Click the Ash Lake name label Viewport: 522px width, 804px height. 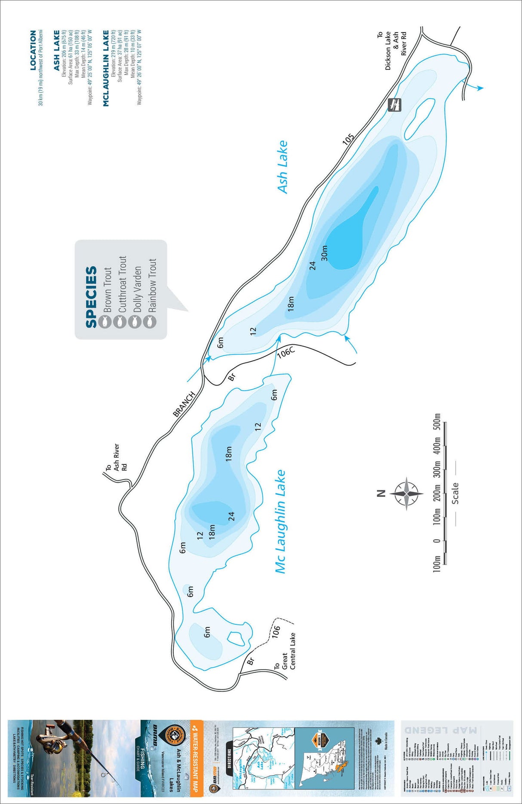[x=282, y=167]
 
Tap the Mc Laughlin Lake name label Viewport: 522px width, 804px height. [x=280, y=521]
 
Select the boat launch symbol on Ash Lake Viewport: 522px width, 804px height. [x=394, y=104]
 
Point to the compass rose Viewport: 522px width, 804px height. [x=406, y=494]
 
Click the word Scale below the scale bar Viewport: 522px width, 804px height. [x=455, y=493]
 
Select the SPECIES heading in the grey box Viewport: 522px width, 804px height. [x=91, y=297]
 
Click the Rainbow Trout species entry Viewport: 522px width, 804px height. [x=152, y=285]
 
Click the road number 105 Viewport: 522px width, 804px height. [x=348, y=139]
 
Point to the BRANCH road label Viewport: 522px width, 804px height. [x=184, y=404]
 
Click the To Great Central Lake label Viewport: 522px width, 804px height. [x=285, y=652]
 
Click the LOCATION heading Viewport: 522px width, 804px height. [x=33, y=50]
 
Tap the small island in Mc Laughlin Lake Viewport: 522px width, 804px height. [x=235, y=638]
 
